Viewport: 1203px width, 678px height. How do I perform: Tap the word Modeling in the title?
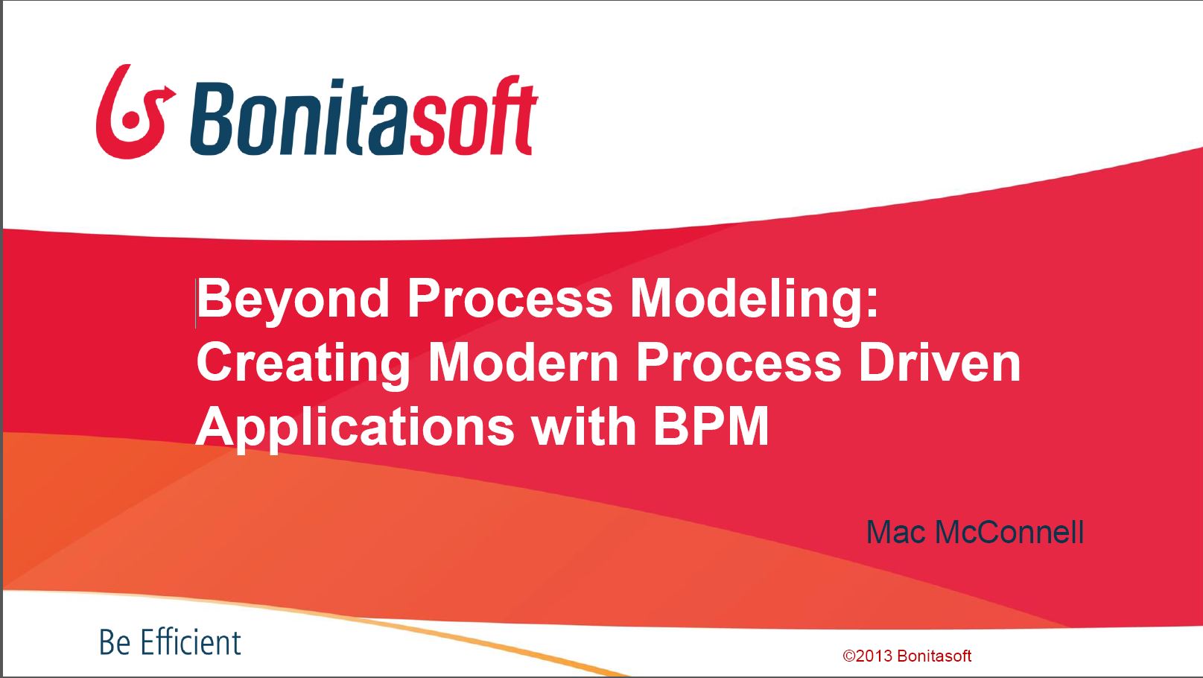pyautogui.click(x=755, y=301)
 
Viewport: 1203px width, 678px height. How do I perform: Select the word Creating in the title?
pyautogui.click(x=303, y=365)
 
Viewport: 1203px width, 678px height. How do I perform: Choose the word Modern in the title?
pyautogui.click(x=524, y=363)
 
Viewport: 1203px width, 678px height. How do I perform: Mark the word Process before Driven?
pyautogui.click(x=738, y=363)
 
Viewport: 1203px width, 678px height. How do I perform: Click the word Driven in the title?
pyautogui.click(x=940, y=363)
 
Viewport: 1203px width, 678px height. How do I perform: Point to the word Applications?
pyautogui.click(x=355, y=429)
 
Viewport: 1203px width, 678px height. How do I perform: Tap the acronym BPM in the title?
pyautogui.click(x=711, y=427)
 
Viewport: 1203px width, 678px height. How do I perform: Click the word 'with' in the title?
pyautogui.click(x=584, y=427)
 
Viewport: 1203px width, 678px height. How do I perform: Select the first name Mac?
pyautogui.click(x=896, y=533)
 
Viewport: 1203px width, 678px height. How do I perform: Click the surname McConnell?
pyautogui.click(x=1009, y=533)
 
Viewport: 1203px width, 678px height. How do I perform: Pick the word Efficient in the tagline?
pyautogui.click(x=191, y=642)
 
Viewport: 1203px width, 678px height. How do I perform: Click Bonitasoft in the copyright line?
pyautogui.click(x=934, y=656)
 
